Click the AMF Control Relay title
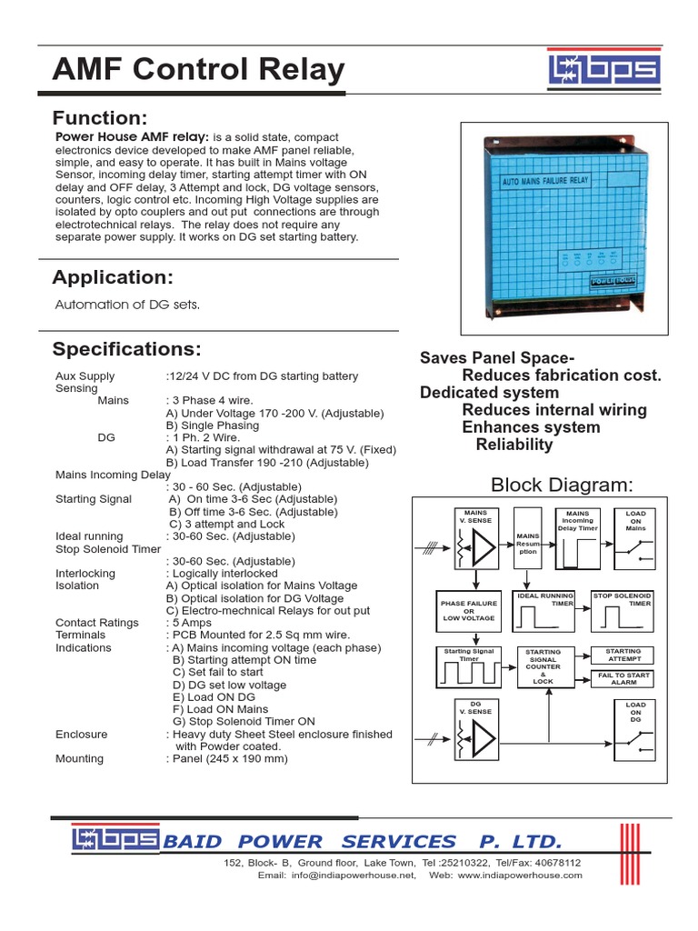(199, 70)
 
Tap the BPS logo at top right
(604, 71)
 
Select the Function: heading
(99, 118)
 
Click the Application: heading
(112, 277)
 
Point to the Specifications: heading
(126, 350)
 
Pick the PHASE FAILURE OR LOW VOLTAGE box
(470, 611)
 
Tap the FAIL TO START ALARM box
(623, 678)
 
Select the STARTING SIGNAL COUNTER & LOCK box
(543, 666)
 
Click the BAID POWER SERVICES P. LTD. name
(362, 841)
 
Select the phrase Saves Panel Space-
(497, 358)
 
